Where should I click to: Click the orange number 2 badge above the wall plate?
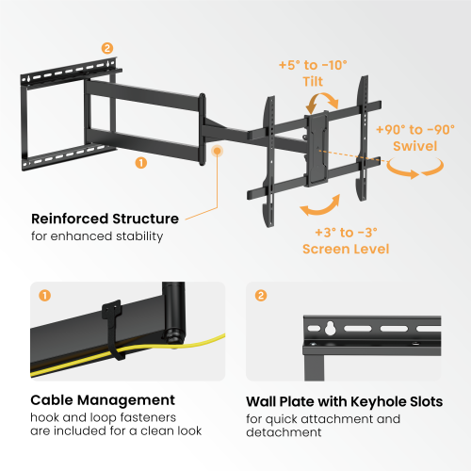coord(106,48)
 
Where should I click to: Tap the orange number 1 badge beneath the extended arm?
coord(141,162)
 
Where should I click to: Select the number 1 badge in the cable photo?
coord(43,296)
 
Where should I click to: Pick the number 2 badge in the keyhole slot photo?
coord(260,296)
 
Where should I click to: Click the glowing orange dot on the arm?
coord(219,150)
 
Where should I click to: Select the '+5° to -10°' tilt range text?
coord(313,64)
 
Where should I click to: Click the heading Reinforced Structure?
coord(105,219)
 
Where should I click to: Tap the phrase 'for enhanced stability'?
coord(97,235)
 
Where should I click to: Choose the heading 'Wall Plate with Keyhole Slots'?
coord(344,400)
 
